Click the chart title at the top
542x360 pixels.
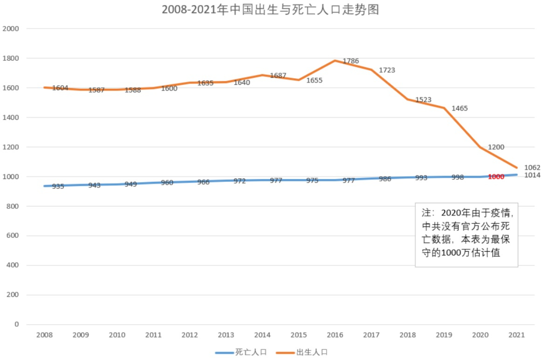(270, 10)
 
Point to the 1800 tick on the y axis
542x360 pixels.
(11, 58)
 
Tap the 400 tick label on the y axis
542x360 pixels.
(12, 265)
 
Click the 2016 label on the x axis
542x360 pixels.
(335, 335)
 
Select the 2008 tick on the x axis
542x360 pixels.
(44, 335)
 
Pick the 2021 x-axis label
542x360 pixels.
(516, 335)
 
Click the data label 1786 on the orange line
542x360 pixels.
(351, 61)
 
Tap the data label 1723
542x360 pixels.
(387, 70)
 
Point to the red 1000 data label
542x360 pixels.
(496, 177)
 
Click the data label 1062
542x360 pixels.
(532, 168)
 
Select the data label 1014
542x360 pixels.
(532, 175)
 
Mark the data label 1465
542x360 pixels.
(459, 108)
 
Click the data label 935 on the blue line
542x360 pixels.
(58, 186)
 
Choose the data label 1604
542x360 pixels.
(60, 88)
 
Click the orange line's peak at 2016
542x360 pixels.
(335, 61)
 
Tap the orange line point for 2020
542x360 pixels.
(480, 147)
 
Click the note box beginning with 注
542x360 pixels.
(466, 234)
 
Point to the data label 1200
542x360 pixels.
(496, 147)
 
